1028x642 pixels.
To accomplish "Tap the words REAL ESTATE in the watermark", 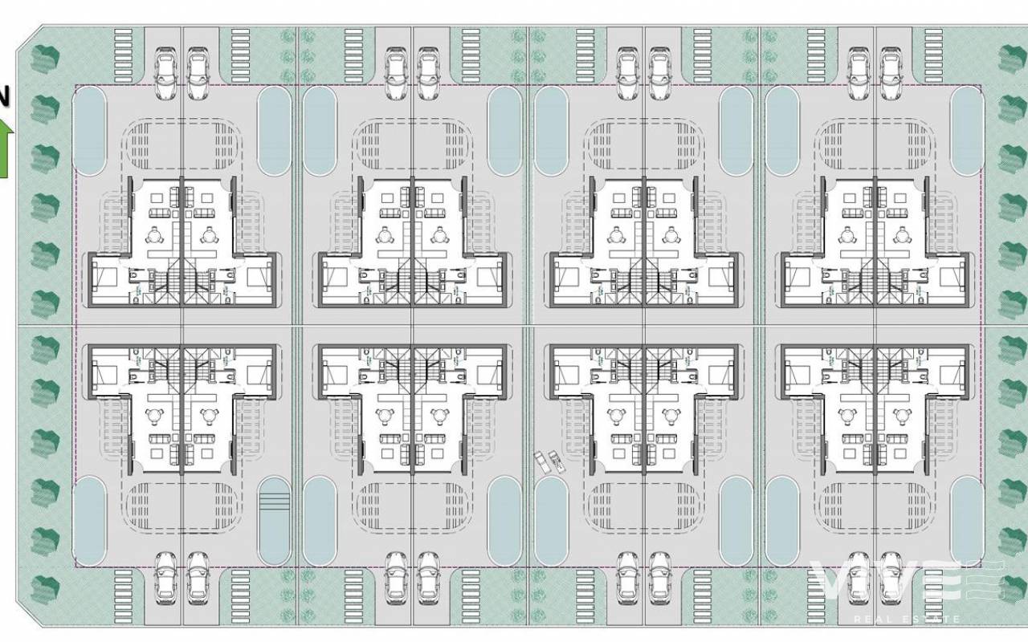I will (x=906, y=619).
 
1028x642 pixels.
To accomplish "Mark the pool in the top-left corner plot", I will (x=89, y=130).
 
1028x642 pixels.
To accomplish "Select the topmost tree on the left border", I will (x=46, y=59).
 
